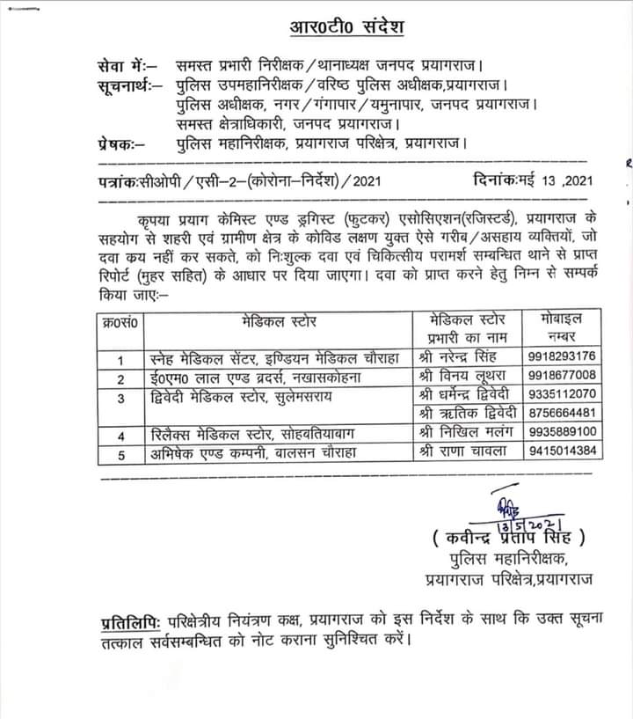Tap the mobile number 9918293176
pyautogui.click(x=562, y=356)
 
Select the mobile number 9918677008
pyautogui.click(x=562, y=375)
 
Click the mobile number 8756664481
pyautogui.click(x=562, y=413)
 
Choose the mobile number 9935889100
pyautogui.click(x=562, y=432)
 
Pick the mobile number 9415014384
pyautogui.click(x=562, y=451)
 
